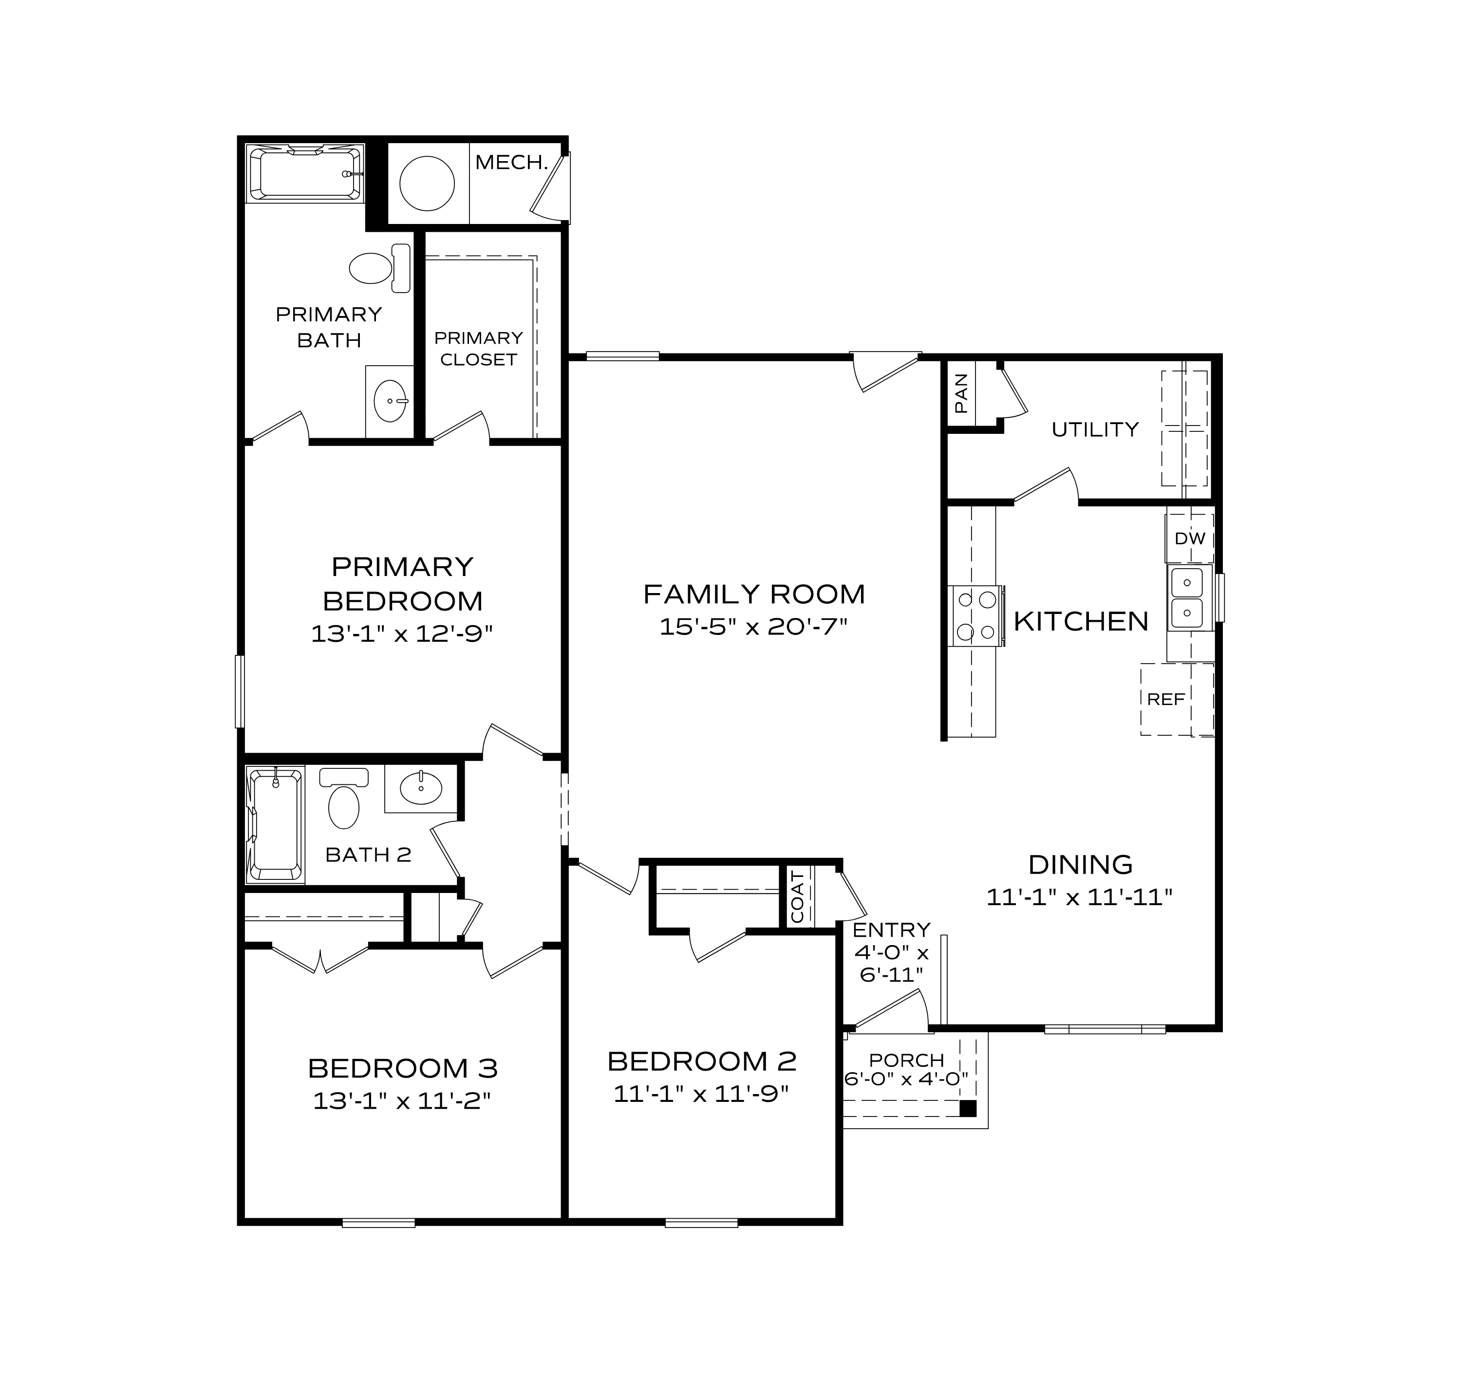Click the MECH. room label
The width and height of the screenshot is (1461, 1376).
click(511, 162)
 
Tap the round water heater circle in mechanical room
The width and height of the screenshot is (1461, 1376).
click(427, 183)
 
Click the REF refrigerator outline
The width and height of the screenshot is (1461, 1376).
click(1167, 699)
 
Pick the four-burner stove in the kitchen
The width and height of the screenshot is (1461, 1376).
click(976, 615)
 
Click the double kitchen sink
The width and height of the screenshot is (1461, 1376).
click(1186, 597)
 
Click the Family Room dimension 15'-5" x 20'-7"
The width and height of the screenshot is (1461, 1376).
click(753, 627)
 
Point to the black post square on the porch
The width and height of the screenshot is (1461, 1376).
click(969, 1109)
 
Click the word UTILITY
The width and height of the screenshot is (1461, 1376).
click(1094, 430)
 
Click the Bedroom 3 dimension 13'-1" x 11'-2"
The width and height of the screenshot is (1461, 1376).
click(402, 1100)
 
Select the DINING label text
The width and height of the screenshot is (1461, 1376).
click(1080, 865)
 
